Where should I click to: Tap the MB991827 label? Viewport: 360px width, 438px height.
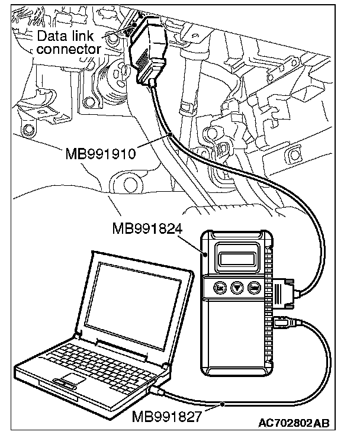click(168, 417)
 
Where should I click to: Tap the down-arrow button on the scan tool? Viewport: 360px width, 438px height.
click(237, 288)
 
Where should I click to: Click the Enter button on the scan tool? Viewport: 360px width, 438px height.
click(256, 288)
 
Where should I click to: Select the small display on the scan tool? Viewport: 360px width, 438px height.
click(238, 257)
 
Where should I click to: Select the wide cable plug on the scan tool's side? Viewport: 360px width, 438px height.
click(284, 294)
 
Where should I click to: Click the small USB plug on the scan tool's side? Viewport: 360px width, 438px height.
click(283, 323)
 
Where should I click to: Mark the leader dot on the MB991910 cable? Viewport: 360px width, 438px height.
click(169, 135)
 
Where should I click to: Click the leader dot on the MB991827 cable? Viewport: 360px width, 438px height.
click(222, 404)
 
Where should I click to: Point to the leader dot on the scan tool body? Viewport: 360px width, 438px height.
click(205, 255)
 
